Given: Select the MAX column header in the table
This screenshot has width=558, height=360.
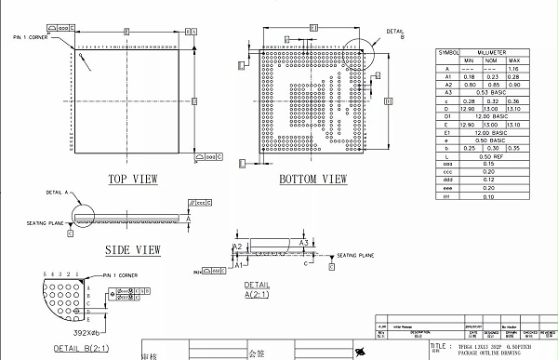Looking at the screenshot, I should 514,60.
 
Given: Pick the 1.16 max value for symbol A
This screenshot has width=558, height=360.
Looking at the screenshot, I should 514,69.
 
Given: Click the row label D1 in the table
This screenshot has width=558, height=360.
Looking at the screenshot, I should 447,116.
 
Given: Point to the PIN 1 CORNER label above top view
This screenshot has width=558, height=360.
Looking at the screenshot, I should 30,37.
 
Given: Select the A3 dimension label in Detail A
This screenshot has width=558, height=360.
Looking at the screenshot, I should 303,241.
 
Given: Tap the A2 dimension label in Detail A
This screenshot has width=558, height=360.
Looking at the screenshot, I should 239,247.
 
